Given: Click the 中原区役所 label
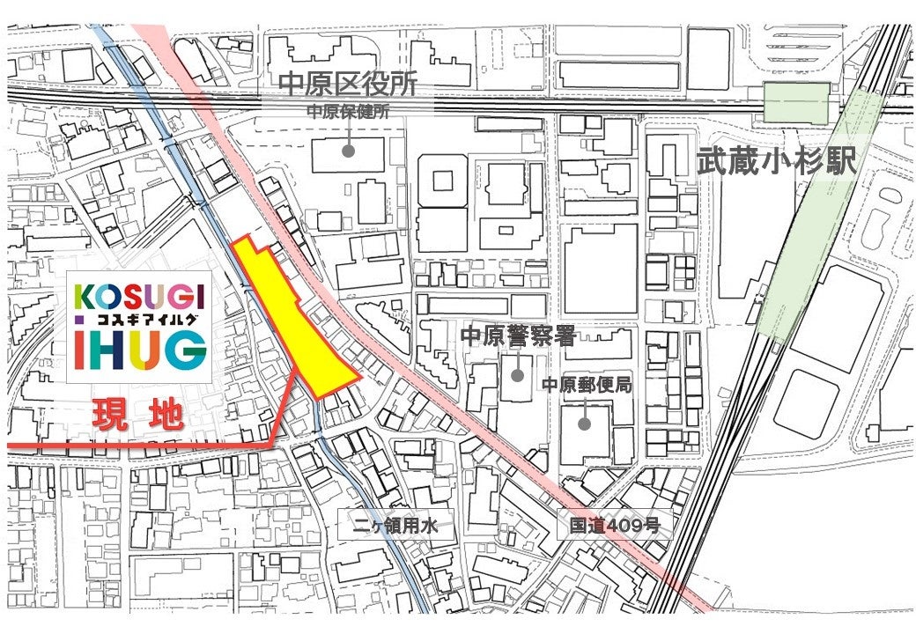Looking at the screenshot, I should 346,85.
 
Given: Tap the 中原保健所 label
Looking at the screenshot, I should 347,113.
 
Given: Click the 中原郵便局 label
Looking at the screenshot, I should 586,385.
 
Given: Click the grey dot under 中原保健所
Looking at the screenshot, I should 349,151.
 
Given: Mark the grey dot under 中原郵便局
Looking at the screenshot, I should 584,424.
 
